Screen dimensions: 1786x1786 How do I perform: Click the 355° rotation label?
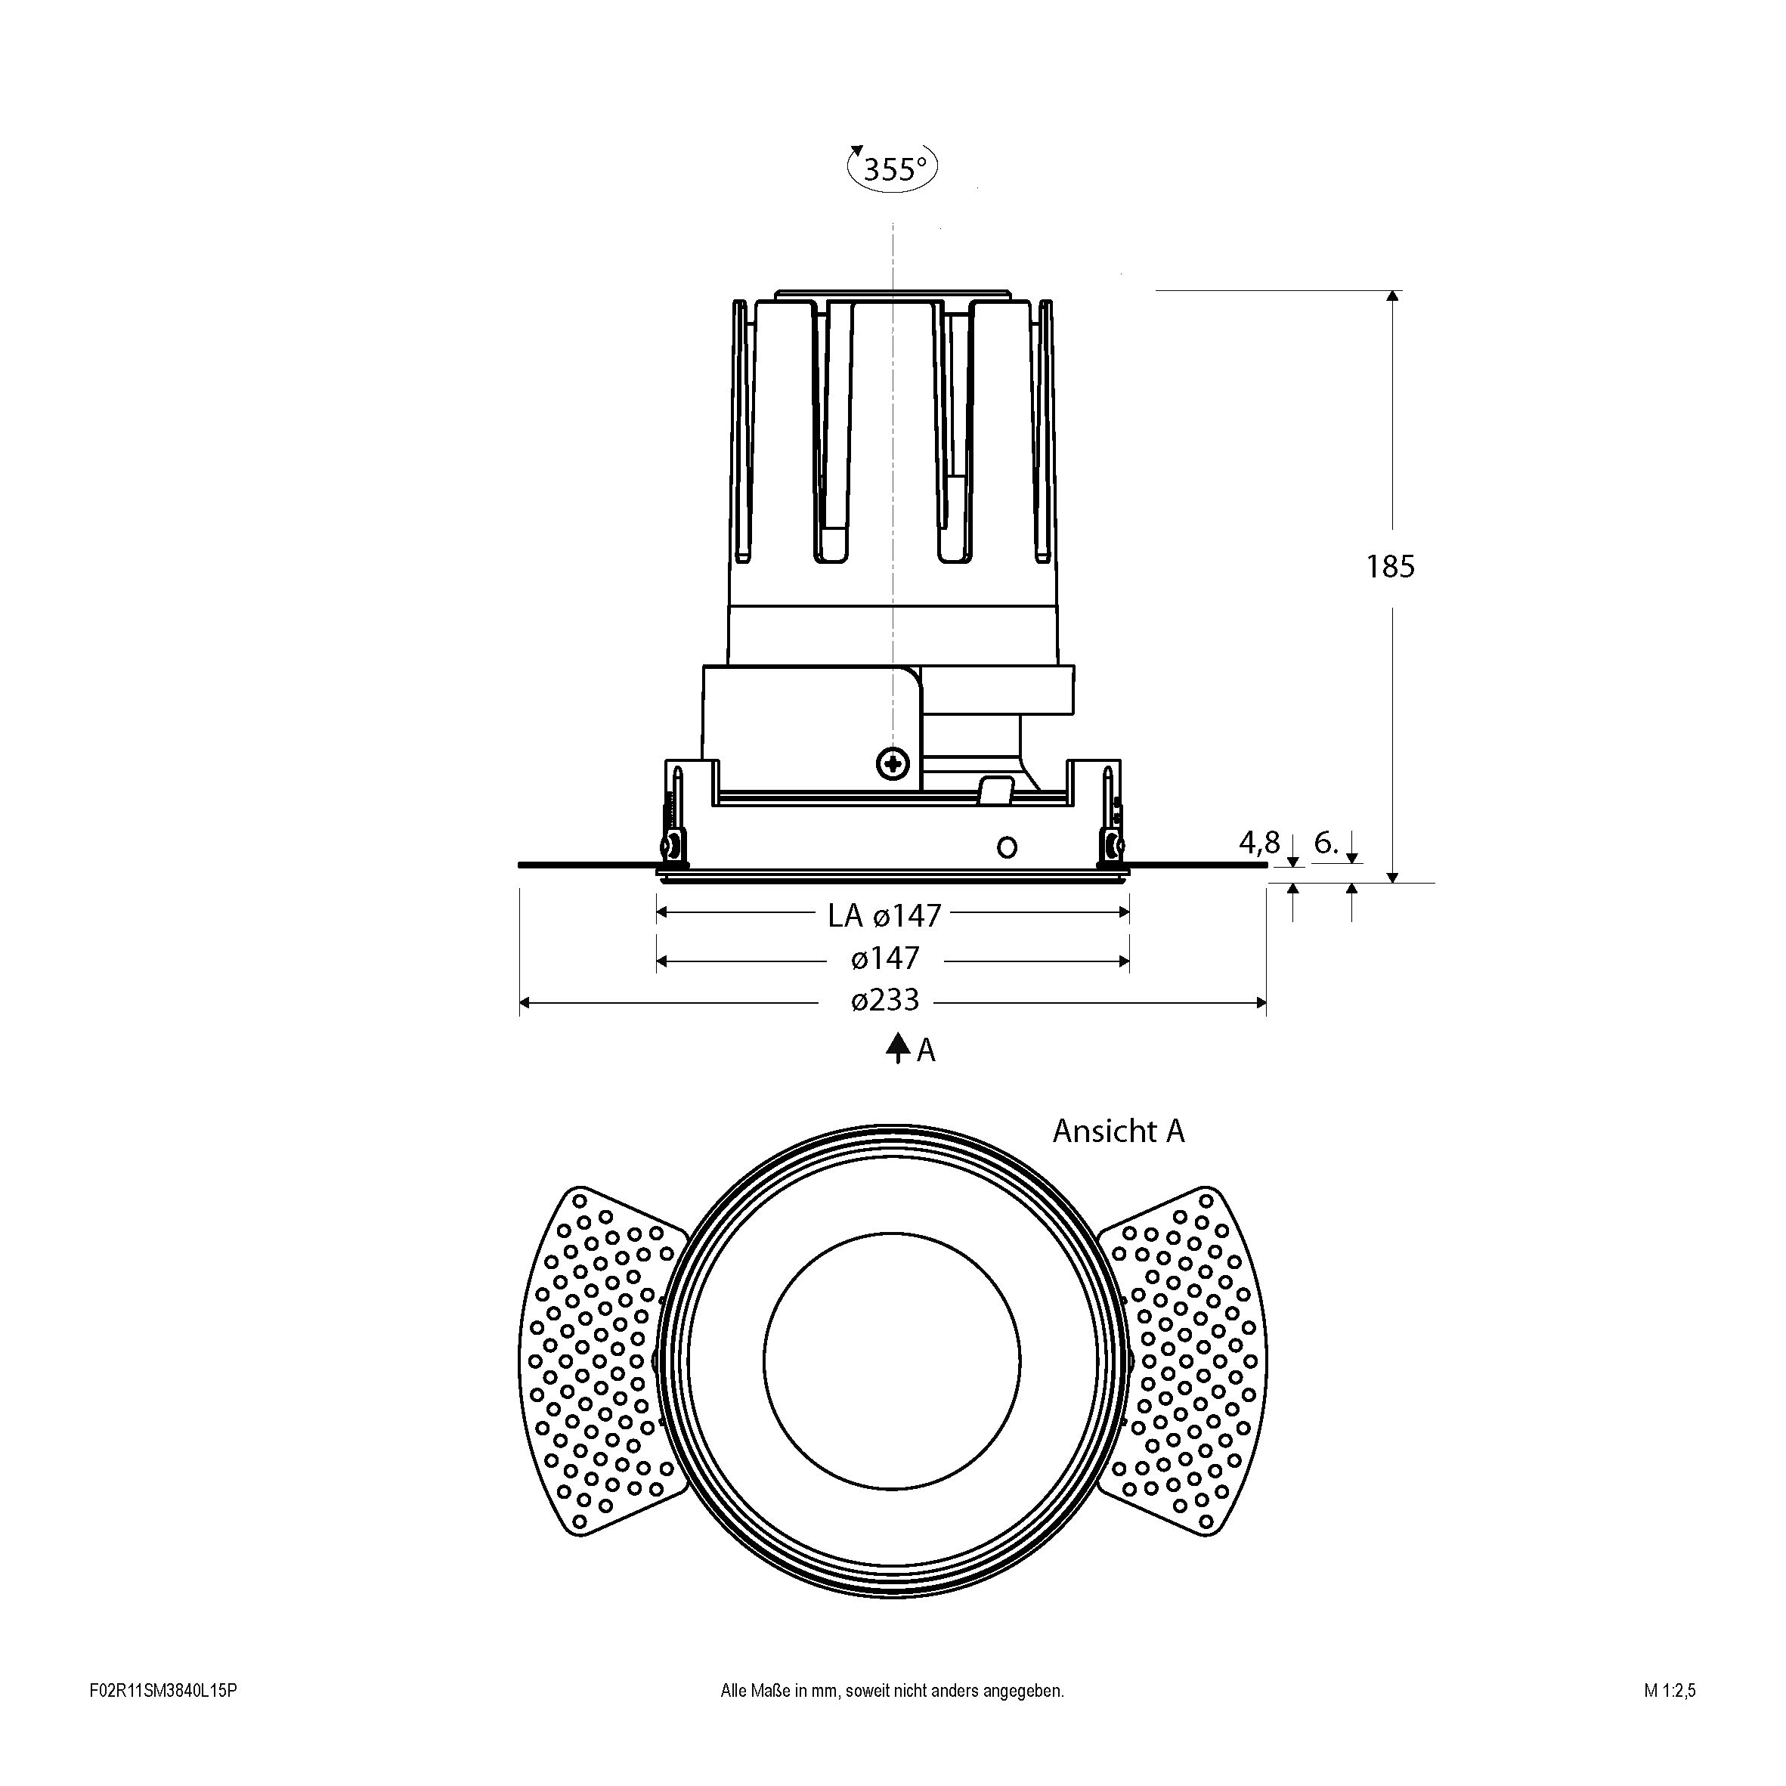895,169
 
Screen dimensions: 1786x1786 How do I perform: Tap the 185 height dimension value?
1391,566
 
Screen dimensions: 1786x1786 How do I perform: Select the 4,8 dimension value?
1259,842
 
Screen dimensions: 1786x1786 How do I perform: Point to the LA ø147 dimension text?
884,915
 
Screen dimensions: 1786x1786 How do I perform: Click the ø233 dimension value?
886,1000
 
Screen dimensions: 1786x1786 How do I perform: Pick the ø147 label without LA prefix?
886,958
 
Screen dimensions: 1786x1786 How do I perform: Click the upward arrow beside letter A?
896,1048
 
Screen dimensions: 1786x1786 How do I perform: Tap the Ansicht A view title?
1119,1131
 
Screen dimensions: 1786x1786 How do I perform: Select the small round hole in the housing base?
1007,846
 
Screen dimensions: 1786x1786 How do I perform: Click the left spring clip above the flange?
673,818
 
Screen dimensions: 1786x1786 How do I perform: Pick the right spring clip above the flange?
1111,818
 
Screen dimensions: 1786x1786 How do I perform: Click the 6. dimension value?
1326,842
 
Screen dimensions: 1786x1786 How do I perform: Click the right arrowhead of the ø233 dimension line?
1259,1002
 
